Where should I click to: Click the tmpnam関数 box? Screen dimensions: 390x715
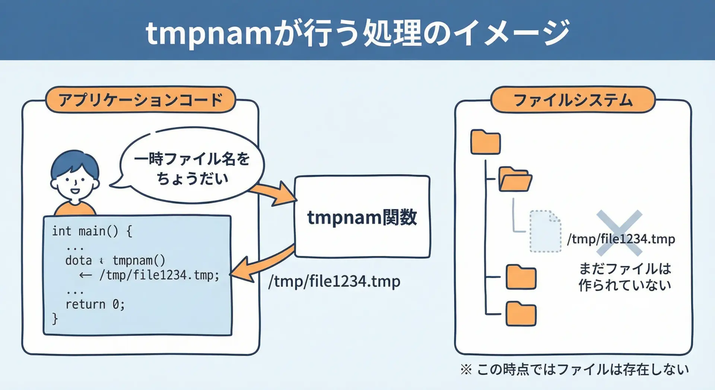click(362, 217)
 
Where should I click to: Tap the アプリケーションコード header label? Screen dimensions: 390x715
click(140, 100)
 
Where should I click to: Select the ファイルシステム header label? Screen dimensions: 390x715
click(573, 100)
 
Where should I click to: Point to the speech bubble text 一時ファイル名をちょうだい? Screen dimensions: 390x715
click(192, 168)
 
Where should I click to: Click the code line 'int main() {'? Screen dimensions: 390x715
click(92, 231)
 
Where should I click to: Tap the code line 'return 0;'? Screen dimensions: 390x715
click(95, 304)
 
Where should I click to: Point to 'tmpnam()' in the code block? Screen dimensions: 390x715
click(139, 260)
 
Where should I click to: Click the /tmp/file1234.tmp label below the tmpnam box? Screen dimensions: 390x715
click(334, 281)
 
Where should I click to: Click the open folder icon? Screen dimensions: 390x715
click(515, 180)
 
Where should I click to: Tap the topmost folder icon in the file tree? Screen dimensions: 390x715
click(485, 142)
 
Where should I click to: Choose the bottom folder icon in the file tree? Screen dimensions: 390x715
click(521, 314)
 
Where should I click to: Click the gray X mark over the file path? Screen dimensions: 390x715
click(619, 233)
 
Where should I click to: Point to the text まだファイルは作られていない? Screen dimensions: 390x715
click(625, 277)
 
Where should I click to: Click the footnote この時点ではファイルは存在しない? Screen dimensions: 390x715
click(582, 370)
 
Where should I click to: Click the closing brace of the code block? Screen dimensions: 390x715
click(55, 319)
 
